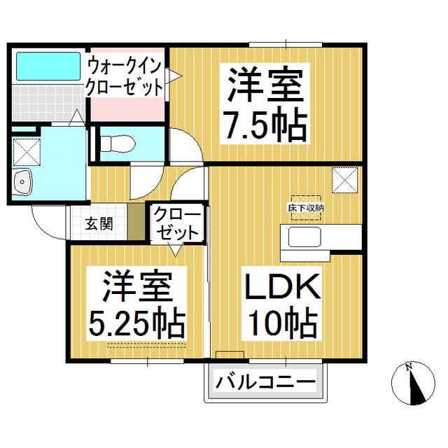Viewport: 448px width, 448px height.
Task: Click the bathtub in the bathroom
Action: tap(48, 66)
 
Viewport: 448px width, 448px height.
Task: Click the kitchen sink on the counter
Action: tap(304, 237)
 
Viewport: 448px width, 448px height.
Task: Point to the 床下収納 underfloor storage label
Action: tap(306, 208)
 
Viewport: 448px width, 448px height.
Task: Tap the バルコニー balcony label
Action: tap(265, 381)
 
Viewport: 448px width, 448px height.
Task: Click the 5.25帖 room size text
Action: tap(137, 323)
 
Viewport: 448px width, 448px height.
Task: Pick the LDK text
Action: tap(282, 286)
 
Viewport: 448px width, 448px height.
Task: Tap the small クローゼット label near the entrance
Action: tap(177, 223)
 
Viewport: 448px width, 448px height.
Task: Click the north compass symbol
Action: tap(413, 384)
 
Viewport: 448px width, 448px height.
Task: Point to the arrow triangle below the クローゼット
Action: tap(175, 249)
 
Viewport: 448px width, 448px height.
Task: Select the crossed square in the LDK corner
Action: tap(345, 180)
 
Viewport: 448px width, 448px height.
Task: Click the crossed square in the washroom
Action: tap(27, 152)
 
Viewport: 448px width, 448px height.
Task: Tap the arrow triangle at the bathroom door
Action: tap(76, 117)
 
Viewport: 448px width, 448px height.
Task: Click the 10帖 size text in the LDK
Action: tap(283, 323)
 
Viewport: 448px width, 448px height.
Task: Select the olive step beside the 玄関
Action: tap(136, 222)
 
